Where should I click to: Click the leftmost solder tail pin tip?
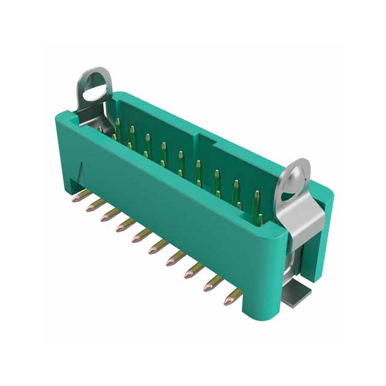pyautogui.click(x=76, y=198)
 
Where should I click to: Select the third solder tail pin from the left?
pyautogui.click(x=105, y=217)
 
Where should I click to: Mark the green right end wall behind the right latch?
pyautogui.click(x=323, y=217)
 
